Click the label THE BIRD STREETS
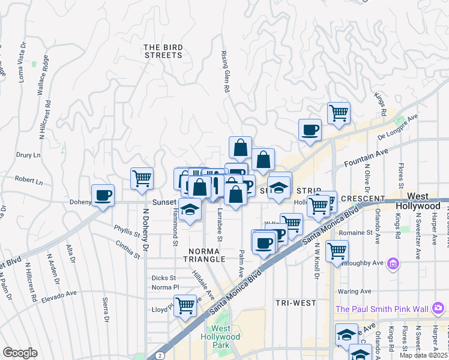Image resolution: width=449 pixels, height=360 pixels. coord(163,51)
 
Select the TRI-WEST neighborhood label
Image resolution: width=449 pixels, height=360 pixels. coord(296,303)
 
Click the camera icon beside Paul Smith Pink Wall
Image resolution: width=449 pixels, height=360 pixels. coord(438,308)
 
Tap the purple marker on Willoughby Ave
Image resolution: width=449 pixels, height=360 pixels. coord(394,263)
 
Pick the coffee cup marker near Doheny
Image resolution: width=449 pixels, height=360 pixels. coord(103,195)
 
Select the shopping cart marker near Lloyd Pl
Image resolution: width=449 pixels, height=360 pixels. coord(185,305)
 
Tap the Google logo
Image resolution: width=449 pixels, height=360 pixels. coord(20,353)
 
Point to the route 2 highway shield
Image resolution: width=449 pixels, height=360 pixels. coord(160,356)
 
